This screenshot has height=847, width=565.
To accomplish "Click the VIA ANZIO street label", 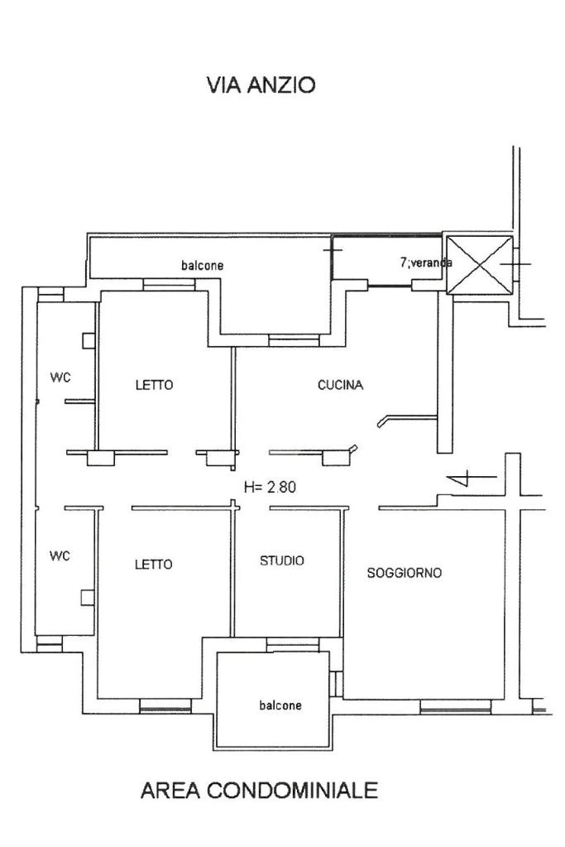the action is pos(261,85).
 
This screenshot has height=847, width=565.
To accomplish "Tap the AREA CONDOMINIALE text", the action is pos(259,790).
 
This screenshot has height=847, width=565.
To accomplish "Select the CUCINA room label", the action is pos(340,385).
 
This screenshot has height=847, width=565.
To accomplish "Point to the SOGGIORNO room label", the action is pos(405,573).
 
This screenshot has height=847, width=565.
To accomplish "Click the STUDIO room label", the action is pos(282,561).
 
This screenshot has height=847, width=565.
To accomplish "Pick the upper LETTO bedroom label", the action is pos(155,385).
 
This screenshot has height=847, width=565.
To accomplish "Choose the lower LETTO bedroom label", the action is pos(154,565).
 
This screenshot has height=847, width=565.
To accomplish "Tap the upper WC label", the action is pos(60,378).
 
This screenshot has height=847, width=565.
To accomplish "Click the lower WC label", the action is pos(60,556).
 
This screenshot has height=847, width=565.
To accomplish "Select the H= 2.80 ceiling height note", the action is pos(270,487).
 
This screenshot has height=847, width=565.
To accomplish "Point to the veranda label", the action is pos(426,262).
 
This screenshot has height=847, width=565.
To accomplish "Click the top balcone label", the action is pos(203,266).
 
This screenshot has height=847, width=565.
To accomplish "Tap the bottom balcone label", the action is pos(280,705).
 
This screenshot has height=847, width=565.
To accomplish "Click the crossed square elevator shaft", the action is pos(480,264).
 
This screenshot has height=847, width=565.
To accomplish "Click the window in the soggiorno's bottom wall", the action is pos(456,706).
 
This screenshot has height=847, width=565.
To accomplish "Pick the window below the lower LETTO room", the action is pos(165,705).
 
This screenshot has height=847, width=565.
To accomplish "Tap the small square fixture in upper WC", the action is pos(89,341).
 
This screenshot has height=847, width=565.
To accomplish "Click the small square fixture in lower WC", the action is pos(88,597).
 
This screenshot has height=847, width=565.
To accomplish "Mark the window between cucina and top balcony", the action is pos(294,340).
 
